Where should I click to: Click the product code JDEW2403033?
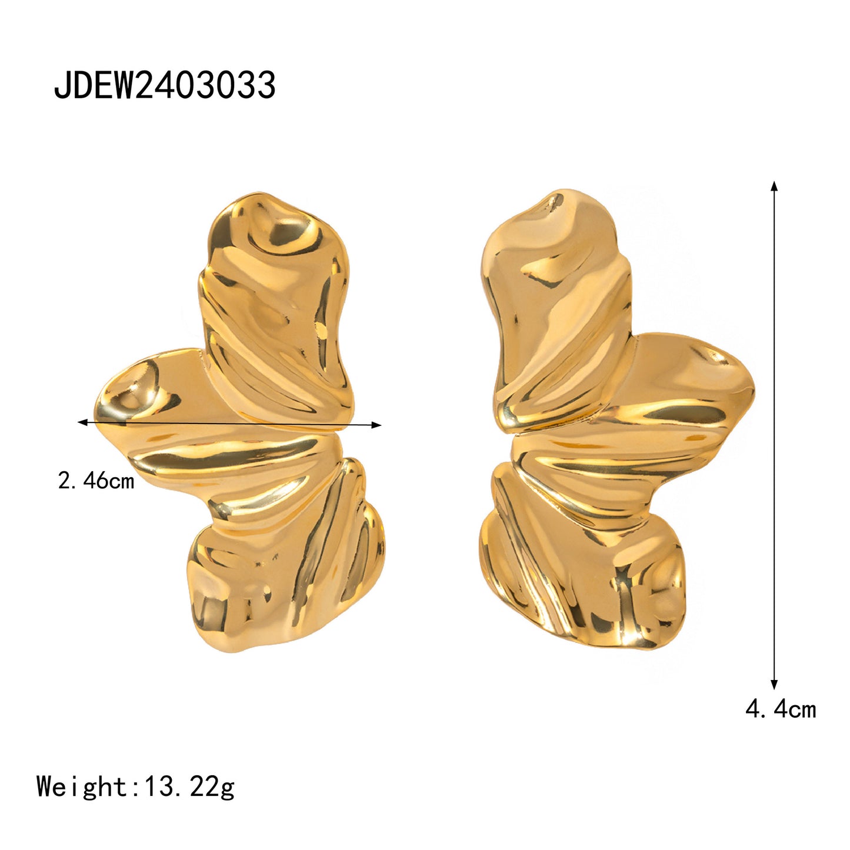pos(165,85)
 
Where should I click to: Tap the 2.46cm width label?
pos(96,480)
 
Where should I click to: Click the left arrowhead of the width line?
pos(82,422)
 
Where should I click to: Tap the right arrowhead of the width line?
pos(376,425)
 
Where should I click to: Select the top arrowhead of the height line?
pos(774,186)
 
